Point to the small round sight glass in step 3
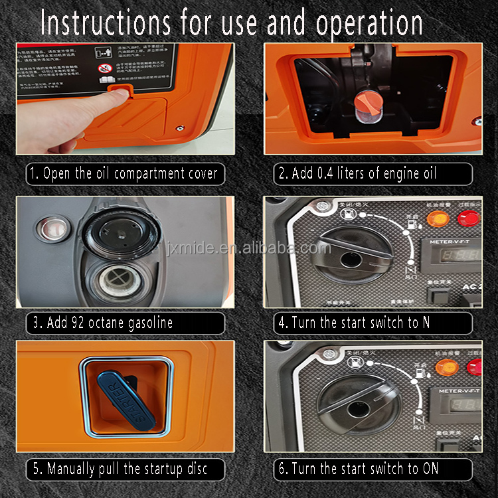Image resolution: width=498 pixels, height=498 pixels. [49, 230]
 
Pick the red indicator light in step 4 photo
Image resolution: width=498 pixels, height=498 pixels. [469, 218]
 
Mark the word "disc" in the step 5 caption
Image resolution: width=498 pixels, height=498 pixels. [193, 469]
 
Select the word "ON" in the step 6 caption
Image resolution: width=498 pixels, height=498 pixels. [430, 469]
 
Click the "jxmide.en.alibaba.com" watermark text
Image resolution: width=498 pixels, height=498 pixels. [249, 249]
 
